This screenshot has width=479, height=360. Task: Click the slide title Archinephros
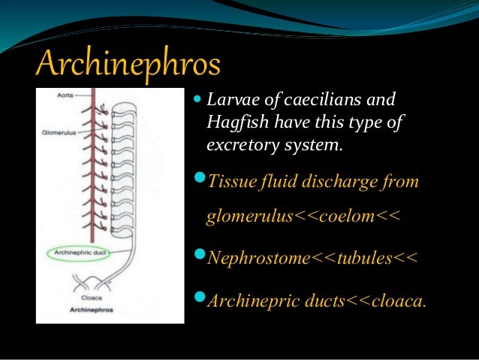[128, 65]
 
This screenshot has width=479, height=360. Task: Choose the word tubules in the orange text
[364, 259]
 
